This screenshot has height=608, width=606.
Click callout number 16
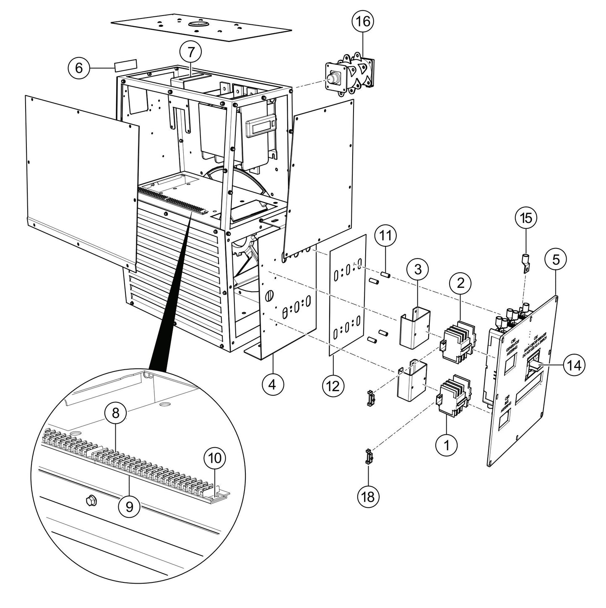(x=363, y=21)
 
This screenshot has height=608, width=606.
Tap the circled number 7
(x=191, y=52)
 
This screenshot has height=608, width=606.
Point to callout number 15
(x=525, y=218)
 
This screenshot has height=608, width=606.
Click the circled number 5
(x=556, y=260)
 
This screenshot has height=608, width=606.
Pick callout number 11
(x=385, y=235)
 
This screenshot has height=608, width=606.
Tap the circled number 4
(x=273, y=384)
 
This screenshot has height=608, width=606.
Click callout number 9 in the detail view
(x=130, y=507)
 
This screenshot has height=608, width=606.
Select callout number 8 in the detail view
(x=115, y=413)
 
